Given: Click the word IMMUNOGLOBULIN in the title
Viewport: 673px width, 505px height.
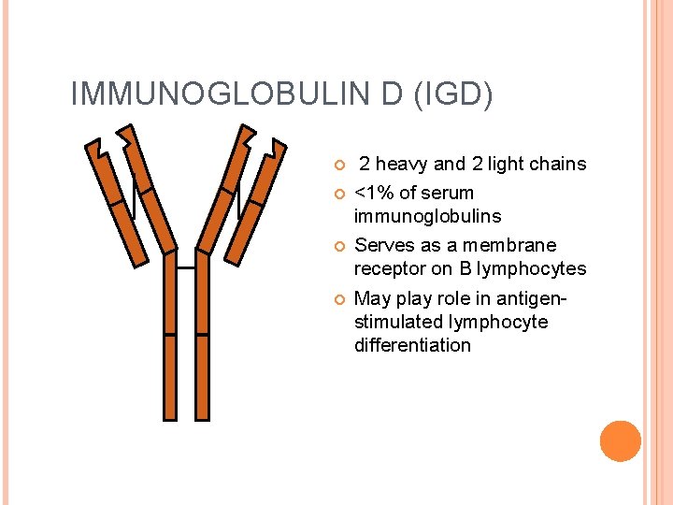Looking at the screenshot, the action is pyautogui.click(x=197, y=94).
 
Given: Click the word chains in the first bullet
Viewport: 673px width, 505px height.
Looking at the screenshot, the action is pyautogui.click(x=555, y=165).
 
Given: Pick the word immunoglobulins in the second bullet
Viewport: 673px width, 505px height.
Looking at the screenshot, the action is pyautogui.click(x=427, y=216).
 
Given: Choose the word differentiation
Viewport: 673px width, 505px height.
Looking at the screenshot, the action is pyautogui.click(x=412, y=345).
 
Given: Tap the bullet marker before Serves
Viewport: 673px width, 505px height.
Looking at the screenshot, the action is pyautogui.click(x=338, y=246).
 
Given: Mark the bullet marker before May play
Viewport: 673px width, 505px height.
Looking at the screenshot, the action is pyautogui.click(x=338, y=299).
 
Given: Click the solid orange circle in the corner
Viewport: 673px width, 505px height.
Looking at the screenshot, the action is pyautogui.click(x=621, y=441).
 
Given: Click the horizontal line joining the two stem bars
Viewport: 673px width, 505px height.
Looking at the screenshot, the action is pyautogui.click(x=186, y=268).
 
